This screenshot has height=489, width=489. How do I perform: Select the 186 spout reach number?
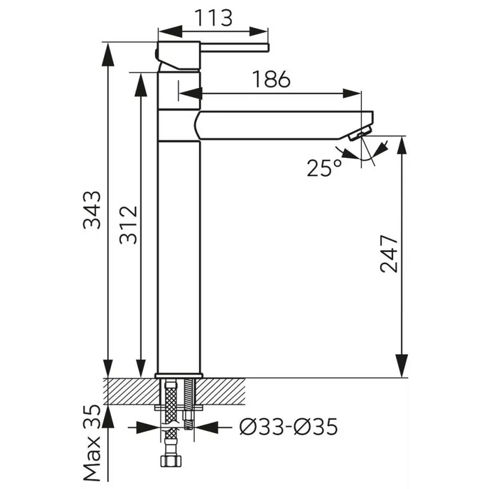(271, 79)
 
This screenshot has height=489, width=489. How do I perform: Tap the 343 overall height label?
(92, 210)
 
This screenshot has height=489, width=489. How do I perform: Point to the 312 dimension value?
(129, 224)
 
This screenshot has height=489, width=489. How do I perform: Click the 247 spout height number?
(389, 254)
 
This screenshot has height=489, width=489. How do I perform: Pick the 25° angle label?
(324, 168)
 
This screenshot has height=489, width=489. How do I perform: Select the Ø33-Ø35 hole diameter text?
(289, 427)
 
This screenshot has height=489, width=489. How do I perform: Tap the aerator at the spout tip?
(359, 133)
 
